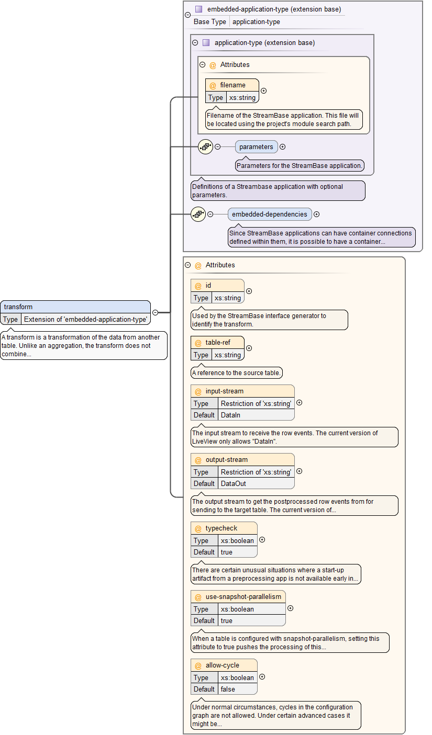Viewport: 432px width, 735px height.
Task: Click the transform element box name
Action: (x=18, y=307)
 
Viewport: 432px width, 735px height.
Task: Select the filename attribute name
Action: (x=232, y=85)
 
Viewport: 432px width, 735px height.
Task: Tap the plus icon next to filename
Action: (x=264, y=91)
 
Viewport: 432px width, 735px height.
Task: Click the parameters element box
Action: (x=256, y=147)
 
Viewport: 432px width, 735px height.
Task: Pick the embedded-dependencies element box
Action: (x=270, y=214)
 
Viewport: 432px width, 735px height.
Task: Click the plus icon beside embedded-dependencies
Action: (x=317, y=214)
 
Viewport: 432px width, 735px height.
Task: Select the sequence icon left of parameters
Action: (x=205, y=147)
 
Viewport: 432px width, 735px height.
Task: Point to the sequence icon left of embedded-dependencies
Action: (x=198, y=214)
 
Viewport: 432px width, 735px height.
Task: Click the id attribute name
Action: (x=208, y=286)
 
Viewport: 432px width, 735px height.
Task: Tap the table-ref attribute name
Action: (x=218, y=343)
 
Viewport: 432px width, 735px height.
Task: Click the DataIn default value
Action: (x=230, y=415)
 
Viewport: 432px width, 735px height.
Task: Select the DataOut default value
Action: (x=233, y=483)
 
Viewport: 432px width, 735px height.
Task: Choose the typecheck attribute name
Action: (x=221, y=528)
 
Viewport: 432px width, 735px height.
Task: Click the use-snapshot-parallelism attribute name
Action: (x=243, y=597)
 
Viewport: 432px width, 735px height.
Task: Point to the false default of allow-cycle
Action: (x=228, y=689)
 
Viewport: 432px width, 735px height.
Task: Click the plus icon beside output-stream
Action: (x=300, y=471)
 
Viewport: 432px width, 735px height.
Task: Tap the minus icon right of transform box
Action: (x=156, y=312)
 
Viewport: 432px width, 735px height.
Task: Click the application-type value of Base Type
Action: (x=256, y=22)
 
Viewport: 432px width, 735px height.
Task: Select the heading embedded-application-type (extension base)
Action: (x=274, y=9)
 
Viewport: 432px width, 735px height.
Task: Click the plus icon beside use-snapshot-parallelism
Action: (x=291, y=608)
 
